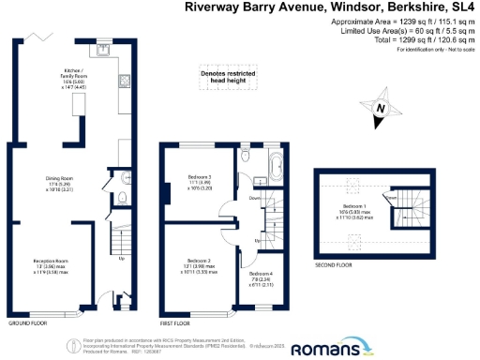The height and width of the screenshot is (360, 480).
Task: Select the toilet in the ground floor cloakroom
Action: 123,197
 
